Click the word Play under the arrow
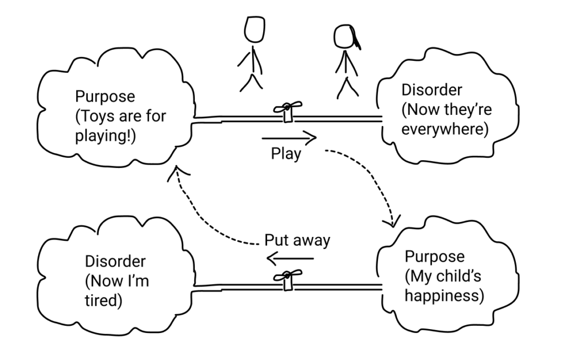click(x=286, y=153)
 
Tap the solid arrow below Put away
click(x=290, y=258)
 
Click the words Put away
click(x=297, y=241)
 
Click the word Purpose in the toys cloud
click(x=105, y=97)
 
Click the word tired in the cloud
click(x=103, y=301)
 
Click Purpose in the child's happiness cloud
click(x=435, y=256)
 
